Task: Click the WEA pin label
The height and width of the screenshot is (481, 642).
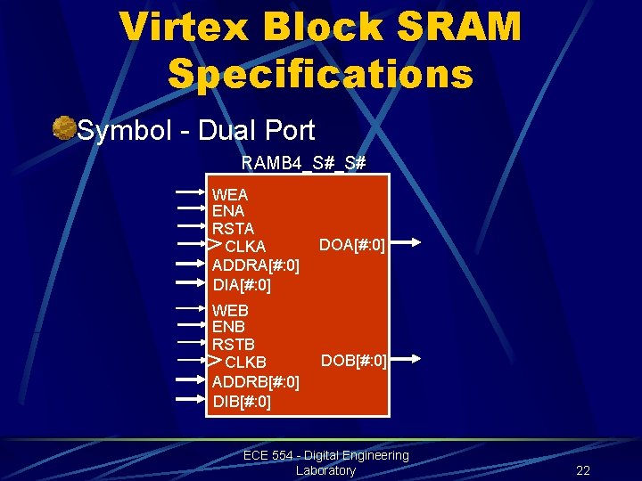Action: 230,195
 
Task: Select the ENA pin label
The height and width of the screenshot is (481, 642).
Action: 228,212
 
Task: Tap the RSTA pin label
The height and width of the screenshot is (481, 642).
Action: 233,229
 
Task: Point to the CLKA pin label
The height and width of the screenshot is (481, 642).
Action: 245,247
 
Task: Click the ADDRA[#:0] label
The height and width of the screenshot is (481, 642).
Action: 255,265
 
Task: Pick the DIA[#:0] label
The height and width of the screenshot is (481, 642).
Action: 242,285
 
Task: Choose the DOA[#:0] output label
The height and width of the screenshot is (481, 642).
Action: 352,244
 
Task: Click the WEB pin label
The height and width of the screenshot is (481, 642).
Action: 230,311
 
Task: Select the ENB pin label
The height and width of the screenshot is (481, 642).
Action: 228,327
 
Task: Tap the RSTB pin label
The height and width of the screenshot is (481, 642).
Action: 233,344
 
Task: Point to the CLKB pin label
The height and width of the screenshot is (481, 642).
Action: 245,363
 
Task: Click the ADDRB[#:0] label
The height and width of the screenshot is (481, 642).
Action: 255,381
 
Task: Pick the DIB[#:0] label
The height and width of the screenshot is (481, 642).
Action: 242,401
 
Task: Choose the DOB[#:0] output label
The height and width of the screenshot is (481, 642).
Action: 353,360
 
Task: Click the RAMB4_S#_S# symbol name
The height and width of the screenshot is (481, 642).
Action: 303,163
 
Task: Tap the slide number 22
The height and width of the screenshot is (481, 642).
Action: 583,470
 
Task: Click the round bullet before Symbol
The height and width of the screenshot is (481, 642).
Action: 63,129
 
